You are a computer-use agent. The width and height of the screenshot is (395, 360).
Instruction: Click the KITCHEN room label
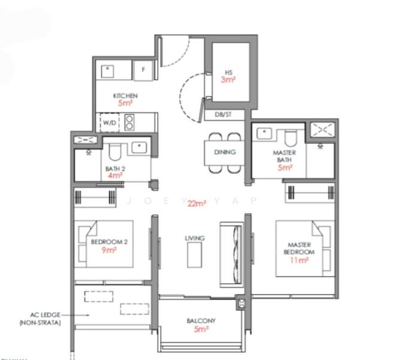[125, 96]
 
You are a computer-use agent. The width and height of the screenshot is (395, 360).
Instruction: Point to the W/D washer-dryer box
[110, 123]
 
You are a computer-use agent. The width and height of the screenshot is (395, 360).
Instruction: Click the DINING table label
[225, 152]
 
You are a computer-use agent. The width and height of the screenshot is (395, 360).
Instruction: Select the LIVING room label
[194, 238]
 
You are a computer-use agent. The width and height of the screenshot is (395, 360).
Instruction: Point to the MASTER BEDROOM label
[299, 248]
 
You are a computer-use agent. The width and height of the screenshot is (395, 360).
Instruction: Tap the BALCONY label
[201, 321]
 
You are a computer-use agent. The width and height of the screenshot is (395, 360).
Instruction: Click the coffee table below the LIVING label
[194, 257]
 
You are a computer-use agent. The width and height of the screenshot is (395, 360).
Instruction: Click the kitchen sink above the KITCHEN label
[107, 70]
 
